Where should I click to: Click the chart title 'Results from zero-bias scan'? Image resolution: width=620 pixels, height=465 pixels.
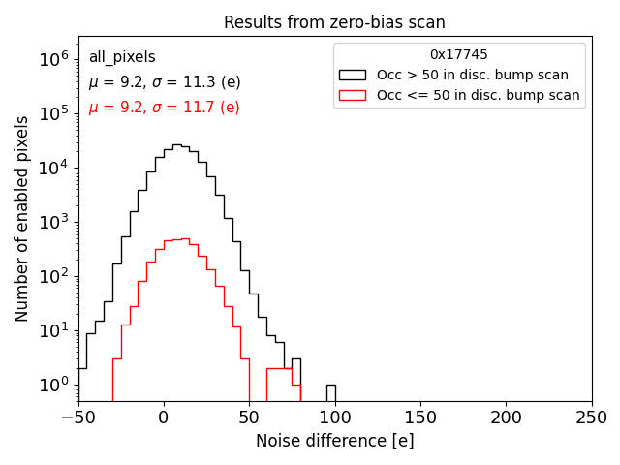point(334,22)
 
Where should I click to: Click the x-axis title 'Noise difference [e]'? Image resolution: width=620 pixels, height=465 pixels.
point(334,441)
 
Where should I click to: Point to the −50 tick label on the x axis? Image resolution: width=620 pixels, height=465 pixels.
point(78,418)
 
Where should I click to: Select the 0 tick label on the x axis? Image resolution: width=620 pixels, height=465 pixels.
point(164,418)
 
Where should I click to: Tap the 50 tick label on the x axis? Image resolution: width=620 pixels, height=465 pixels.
point(249,418)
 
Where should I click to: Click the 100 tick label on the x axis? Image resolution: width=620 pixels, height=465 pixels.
point(335,418)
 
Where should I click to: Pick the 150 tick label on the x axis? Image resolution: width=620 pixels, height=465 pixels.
point(420,418)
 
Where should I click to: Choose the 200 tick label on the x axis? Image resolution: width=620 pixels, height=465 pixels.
point(506,418)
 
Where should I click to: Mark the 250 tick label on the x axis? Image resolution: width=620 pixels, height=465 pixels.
point(591,418)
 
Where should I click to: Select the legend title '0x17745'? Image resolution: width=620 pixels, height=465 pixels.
point(459,55)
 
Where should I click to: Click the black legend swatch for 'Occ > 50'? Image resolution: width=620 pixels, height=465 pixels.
point(353,75)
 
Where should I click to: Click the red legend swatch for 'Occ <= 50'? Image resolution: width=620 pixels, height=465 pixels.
point(353,95)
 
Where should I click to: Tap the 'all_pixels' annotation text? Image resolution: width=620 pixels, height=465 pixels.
point(122,57)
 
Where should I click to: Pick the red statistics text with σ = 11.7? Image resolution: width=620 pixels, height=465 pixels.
point(164,108)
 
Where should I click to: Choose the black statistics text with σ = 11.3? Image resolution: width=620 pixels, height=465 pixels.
point(164,82)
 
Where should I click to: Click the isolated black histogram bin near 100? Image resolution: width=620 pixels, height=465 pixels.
point(330,392)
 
